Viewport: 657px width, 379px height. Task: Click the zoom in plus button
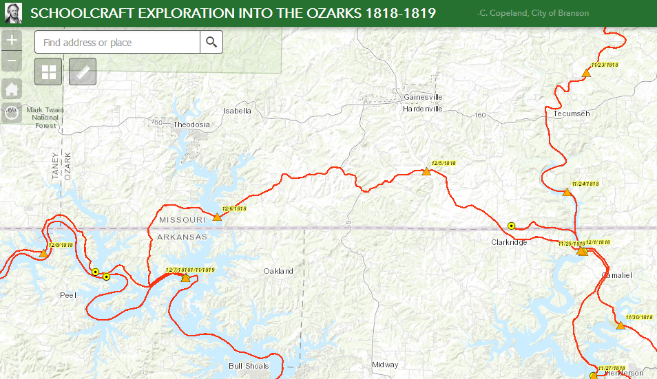coord(11,40)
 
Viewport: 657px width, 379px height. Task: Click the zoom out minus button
coord(11,62)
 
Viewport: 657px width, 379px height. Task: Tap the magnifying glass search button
coord(211,42)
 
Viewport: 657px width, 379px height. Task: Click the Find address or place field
coord(117,43)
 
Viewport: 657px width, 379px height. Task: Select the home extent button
coord(11,89)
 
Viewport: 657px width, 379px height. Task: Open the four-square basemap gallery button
coord(48,72)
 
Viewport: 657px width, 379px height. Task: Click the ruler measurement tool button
coord(82,72)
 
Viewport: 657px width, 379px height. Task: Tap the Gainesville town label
coord(423,97)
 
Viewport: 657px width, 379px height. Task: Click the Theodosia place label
coord(191,124)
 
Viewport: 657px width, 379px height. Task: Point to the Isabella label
coord(238,110)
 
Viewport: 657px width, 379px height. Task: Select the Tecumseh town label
coord(572,113)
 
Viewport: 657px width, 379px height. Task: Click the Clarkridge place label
coord(509,242)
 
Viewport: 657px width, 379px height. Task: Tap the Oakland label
coord(278,271)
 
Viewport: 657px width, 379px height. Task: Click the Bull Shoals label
coord(248,366)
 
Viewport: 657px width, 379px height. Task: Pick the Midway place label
coord(384,365)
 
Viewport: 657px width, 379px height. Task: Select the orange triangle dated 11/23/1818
coord(586,72)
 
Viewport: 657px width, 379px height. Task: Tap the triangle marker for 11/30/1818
coord(620,325)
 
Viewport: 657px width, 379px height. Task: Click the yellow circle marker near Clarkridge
coord(511,226)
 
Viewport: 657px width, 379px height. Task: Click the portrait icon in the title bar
coord(12,12)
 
